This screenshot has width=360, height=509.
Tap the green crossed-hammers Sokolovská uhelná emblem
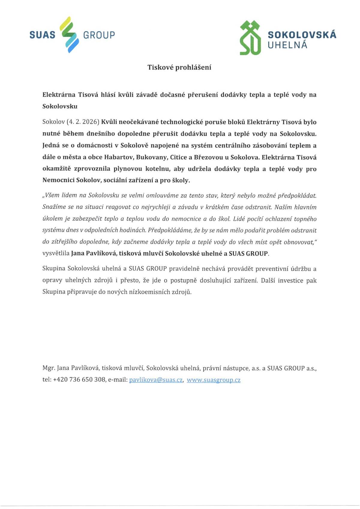point(251,37)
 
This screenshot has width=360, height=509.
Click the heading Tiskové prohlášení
point(179,68)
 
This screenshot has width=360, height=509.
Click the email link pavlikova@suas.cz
point(156,380)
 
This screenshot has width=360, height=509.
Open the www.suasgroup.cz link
point(214,380)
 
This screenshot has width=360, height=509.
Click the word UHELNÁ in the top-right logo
point(287,45)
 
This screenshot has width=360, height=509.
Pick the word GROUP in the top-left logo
point(99,35)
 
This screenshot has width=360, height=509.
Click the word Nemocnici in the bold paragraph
point(58,181)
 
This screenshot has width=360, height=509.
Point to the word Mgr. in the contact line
point(49,368)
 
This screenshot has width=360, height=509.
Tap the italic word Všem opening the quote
point(52,196)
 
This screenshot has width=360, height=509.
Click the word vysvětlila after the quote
point(55,254)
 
